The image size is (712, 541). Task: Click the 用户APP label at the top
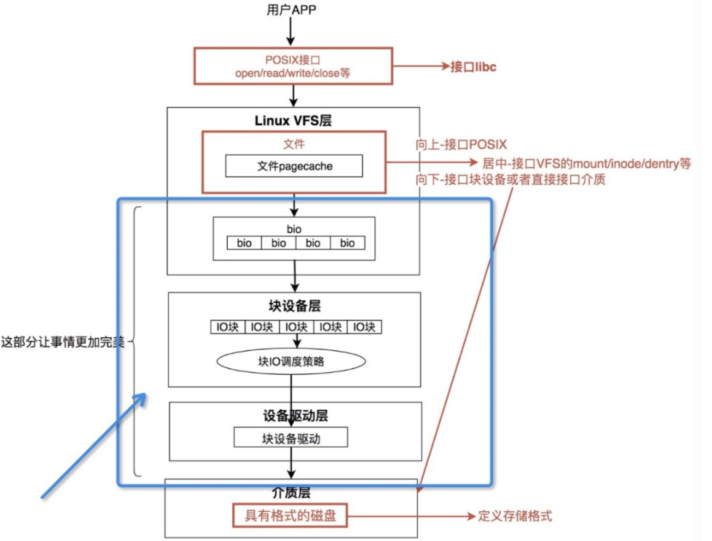293,9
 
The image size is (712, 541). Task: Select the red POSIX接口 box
293,66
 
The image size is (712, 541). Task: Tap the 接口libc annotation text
473,67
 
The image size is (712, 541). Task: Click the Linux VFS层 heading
293,119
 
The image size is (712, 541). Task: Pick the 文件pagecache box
294,166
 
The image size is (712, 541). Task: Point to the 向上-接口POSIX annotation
462,144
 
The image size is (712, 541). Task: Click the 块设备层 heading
295,306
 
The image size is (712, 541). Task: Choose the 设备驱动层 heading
295,416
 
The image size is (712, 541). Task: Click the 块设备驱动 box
290,438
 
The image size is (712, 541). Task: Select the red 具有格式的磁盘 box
290,516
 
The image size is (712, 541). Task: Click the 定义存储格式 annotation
515,516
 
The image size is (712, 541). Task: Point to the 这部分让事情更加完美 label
64,341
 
